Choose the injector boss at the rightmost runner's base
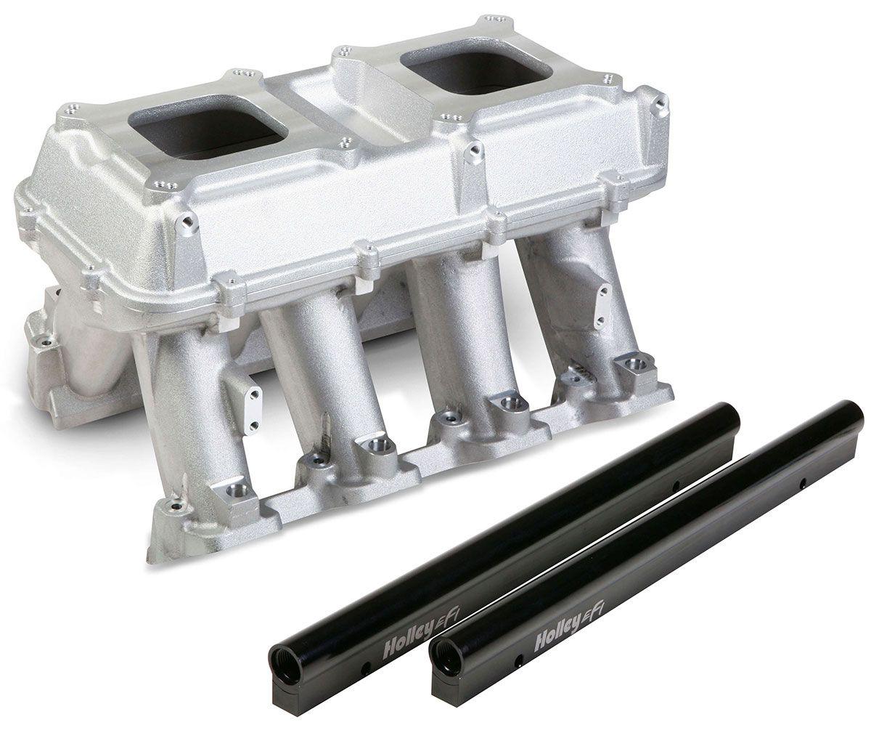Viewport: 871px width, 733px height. point(631,367)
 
